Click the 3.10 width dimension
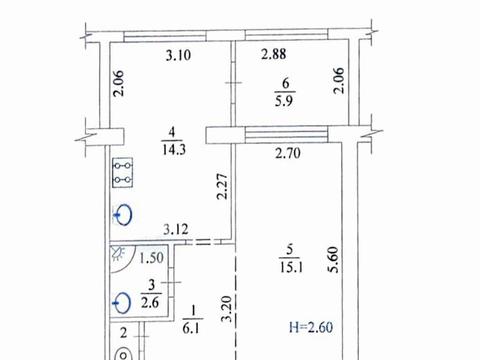tap(178, 55)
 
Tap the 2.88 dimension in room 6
tap(273, 54)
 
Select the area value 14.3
tap(174, 150)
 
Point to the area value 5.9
tap(284, 100)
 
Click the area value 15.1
tap(291, 267)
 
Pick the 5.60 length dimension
tap(333, 260)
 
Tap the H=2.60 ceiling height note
tap(311, 327)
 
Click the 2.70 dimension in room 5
tap(288, 153)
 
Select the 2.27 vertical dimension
tap(222, 186)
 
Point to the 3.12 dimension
tap(176, 229)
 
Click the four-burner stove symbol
tap(123, 172)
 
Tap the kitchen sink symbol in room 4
tap(123, 215)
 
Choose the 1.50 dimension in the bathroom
tap(151, 258)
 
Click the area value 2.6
tap(150, 303)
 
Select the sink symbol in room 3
tap(122, 303)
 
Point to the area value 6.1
tap(191, 329)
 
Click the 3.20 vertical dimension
tap(227, 309)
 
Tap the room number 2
tap(124, 333)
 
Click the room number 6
tap(286, 83)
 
